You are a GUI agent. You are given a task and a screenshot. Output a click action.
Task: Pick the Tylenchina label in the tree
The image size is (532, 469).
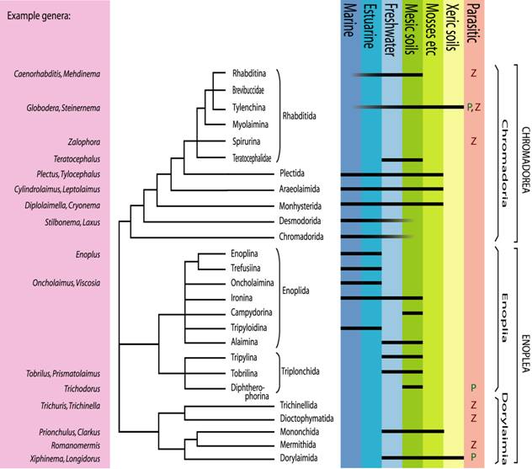250,107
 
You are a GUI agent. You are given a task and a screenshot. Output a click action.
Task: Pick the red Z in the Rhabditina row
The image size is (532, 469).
475,74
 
